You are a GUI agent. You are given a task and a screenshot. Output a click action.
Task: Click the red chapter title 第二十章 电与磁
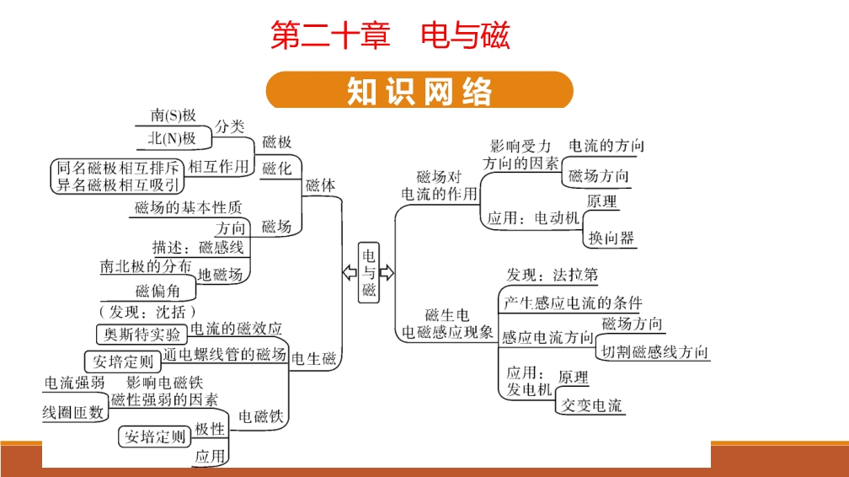coord(390,36)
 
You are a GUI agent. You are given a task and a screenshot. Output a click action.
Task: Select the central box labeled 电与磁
coord(369,272)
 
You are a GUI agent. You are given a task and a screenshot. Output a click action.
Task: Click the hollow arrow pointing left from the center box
coord(348,272)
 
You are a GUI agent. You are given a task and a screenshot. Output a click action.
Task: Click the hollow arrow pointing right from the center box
coord(387,272)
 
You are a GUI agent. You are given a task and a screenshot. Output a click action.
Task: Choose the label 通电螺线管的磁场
coord(224,355)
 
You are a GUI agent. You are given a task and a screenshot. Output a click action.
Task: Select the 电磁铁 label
coord(262,416)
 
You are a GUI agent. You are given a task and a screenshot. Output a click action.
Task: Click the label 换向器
coord(611,238)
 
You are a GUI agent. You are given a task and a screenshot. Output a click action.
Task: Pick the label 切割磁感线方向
coord(654,352)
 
